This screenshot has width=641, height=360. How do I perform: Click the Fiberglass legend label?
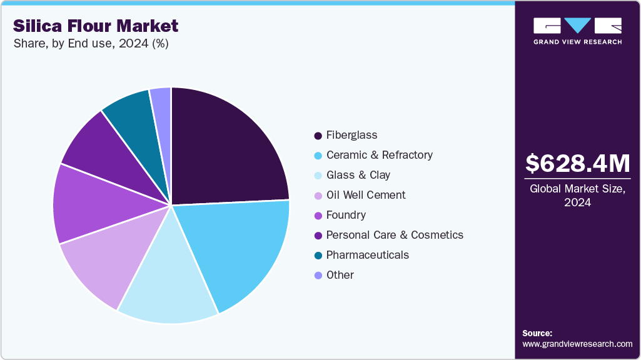click(x=351, y=135)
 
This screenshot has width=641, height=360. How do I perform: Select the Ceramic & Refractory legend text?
click(x=379, y=155)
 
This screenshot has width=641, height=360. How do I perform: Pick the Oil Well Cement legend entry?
click(x=366, y=195)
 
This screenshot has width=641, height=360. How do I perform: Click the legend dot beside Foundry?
click(x=318, y=216)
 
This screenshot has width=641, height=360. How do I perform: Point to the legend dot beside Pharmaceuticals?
click(x=318, y=256)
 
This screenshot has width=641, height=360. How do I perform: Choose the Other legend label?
click(x=340, y=275)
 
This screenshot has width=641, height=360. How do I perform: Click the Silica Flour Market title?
click(x=96, y=26)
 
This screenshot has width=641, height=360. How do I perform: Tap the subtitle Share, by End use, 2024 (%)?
click(x=91, y=44)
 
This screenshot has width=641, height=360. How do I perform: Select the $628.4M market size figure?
click(x=577, y=164)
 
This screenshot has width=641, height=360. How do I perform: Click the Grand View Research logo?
click(x=577, y=30)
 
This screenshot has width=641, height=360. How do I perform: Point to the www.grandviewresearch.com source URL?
click(x=577, y=344)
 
